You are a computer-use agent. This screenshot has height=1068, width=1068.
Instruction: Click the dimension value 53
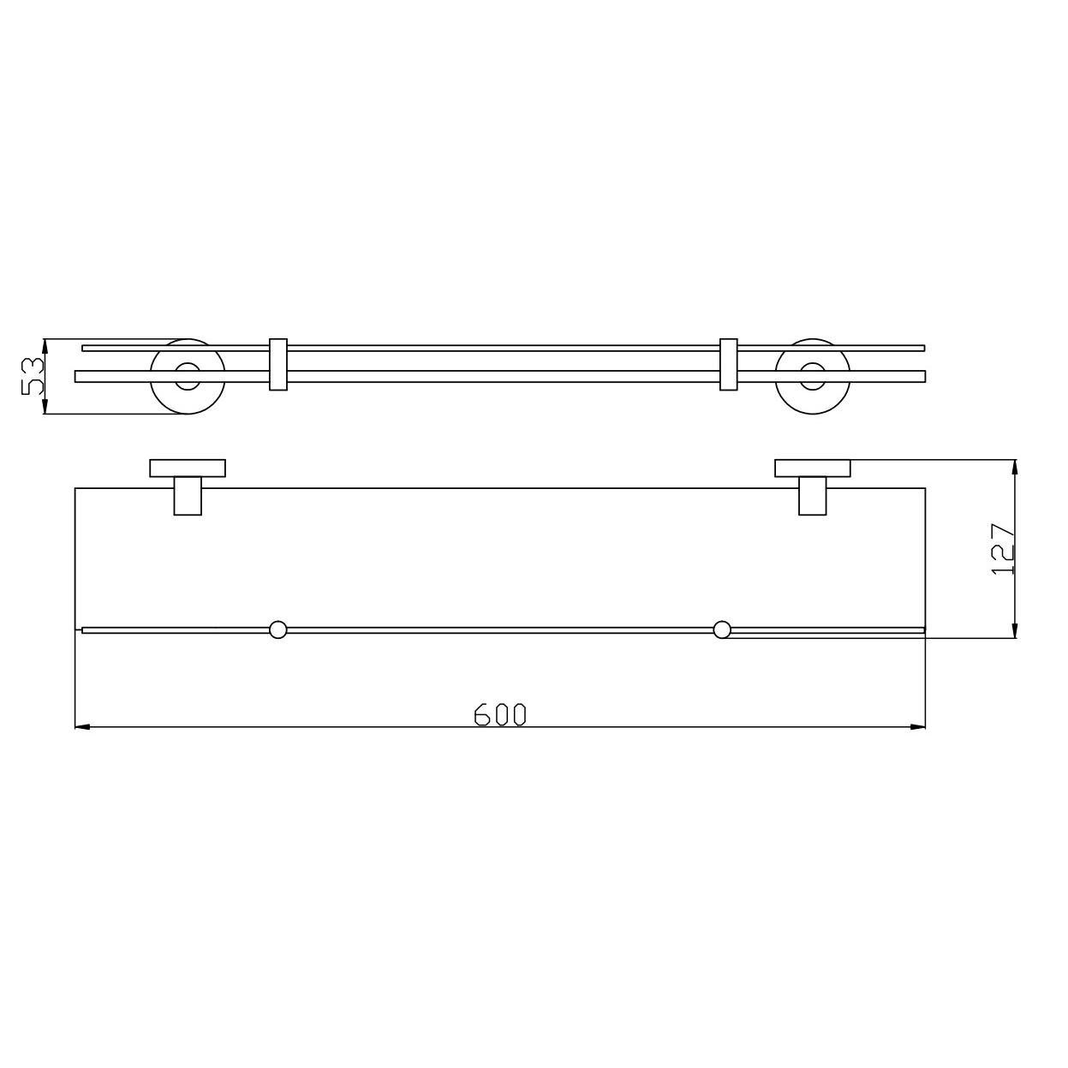(x=33, y=376)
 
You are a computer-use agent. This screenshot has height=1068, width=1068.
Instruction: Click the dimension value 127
(x=1003, y=549)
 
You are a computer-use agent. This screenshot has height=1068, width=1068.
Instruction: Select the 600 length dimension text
(x=499, y=714)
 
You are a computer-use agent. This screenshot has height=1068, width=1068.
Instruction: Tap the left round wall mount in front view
(x=188, y=376)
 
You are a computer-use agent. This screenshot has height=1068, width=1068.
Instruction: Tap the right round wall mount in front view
(x=813, y=376)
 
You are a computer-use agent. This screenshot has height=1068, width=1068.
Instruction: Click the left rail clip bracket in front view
(x=278, y=364)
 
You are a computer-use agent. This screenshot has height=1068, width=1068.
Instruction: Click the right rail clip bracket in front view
(x=728, y=364)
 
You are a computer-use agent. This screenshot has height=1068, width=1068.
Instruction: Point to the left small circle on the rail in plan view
(x=277, y=630)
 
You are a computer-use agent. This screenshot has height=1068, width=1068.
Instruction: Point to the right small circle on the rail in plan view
(x=722, y=630)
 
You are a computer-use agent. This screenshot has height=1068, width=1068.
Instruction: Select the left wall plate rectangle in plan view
(x=188, y=468)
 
